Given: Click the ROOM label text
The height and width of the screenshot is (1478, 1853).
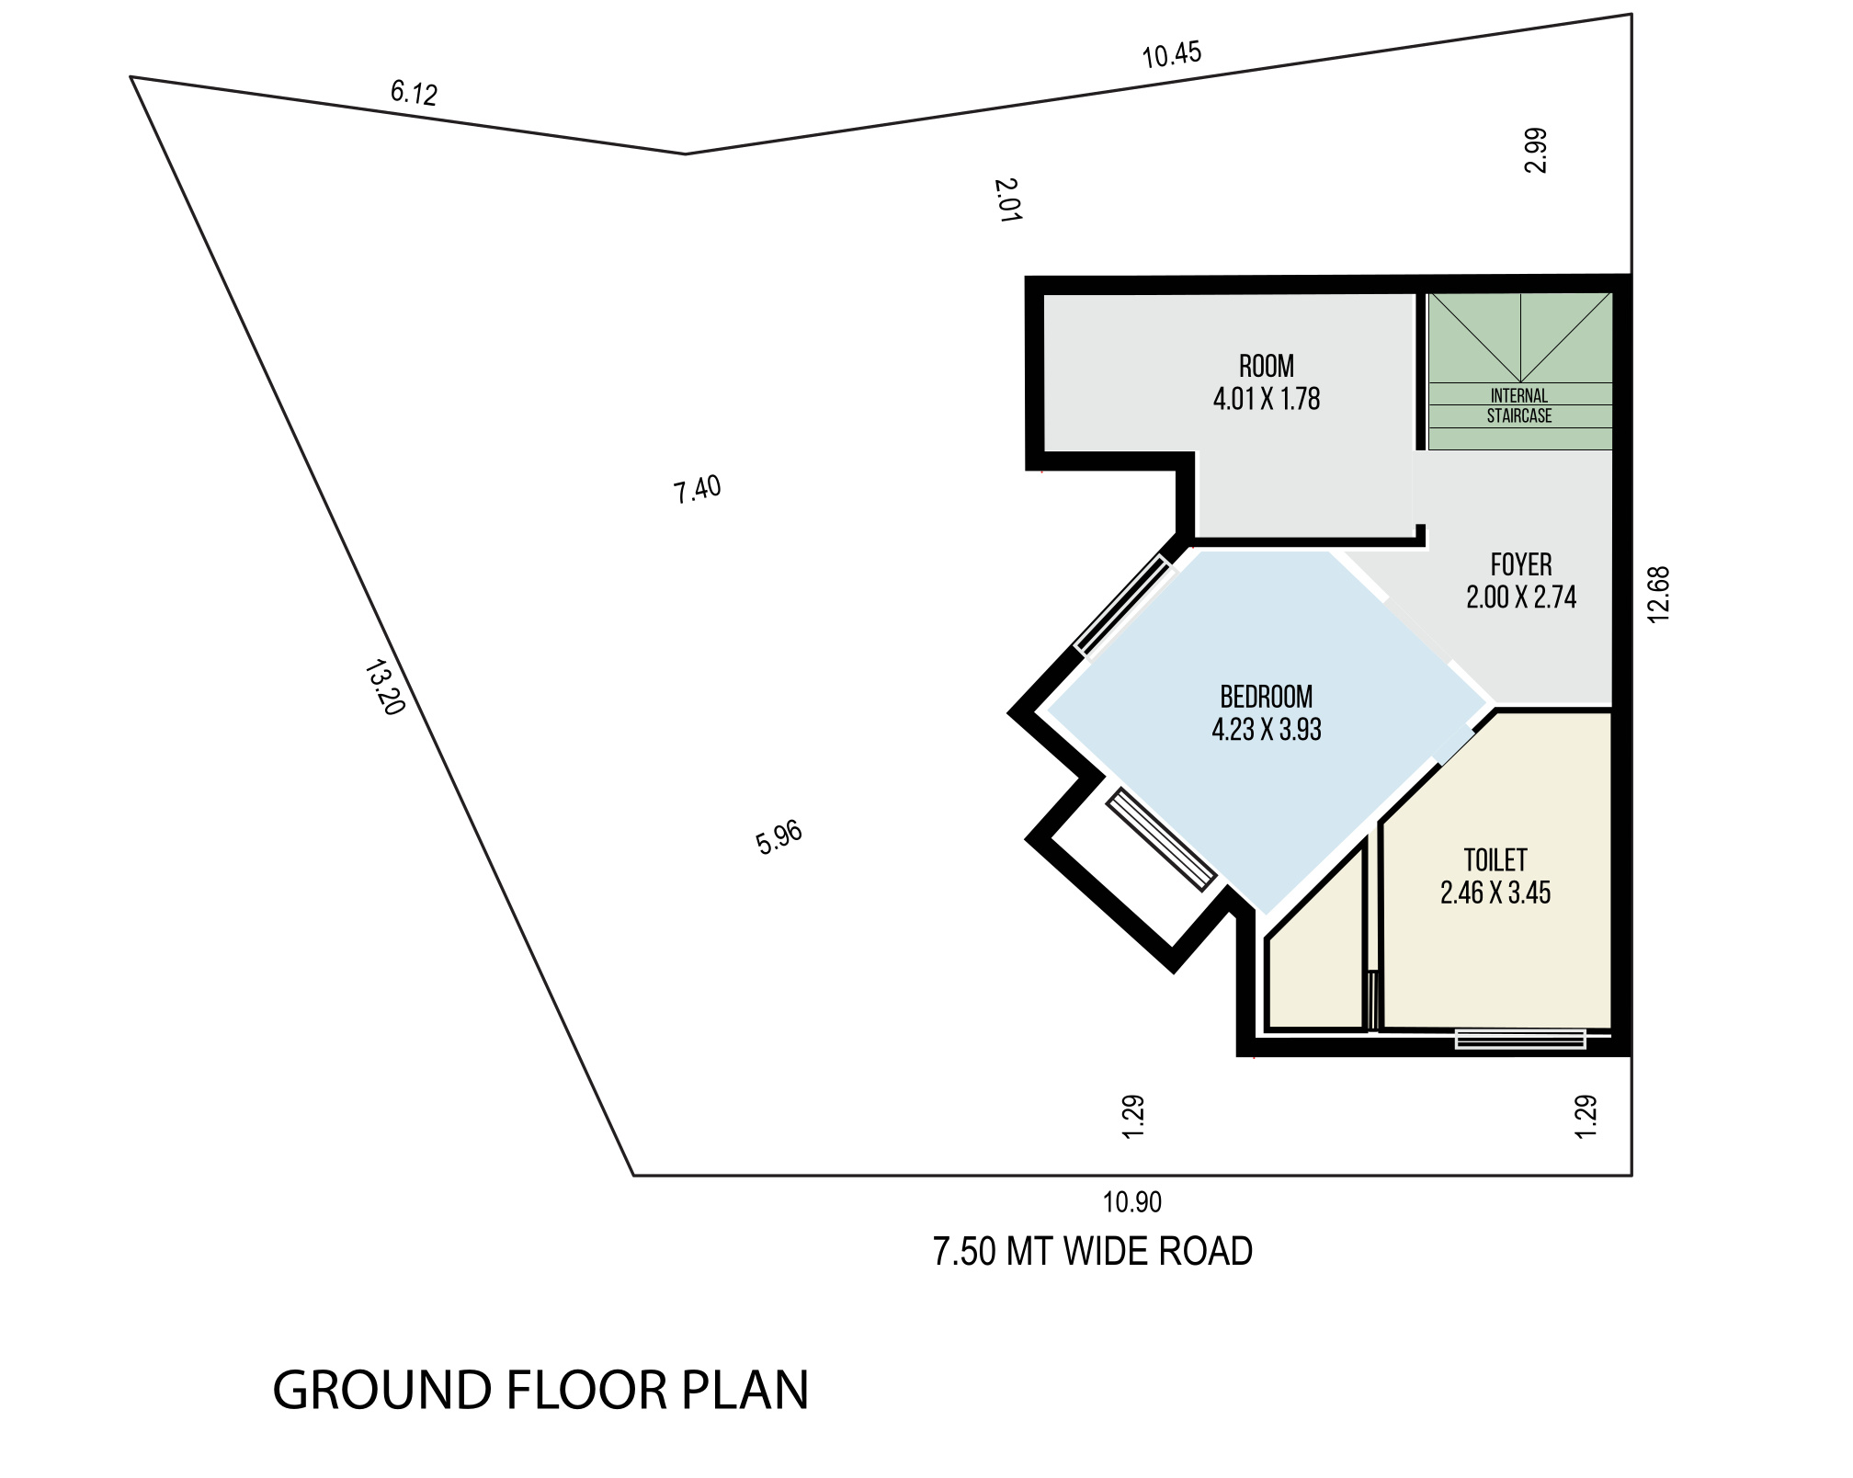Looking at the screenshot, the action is point(1267,367).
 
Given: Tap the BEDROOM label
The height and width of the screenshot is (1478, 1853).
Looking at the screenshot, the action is point(1267,697).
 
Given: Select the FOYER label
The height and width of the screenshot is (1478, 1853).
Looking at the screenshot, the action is point(1521,564).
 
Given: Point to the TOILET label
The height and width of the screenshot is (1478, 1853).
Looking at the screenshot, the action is point(1495,860).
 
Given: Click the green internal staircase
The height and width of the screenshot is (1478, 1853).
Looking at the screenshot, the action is point(1520,371).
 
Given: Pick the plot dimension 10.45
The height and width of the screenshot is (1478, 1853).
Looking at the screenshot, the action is point(1172,55).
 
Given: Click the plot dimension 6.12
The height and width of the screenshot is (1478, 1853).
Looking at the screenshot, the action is point(414,93).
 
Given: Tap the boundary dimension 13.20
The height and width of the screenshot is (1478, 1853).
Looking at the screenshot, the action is point(385,688).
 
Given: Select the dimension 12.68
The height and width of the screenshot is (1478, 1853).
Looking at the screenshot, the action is point(1659,595).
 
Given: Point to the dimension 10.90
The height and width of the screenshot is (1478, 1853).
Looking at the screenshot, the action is point(1132,1201).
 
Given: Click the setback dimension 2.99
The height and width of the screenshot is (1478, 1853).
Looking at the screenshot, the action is point(1536,151).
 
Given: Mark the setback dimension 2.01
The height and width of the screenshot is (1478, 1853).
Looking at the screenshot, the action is point(1008,200).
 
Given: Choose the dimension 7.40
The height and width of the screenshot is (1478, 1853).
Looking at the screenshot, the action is point(698,490).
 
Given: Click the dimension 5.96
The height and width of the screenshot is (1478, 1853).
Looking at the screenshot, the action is point(779,837).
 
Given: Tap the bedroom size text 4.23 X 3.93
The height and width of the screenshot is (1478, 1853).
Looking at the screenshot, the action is point(1267,730).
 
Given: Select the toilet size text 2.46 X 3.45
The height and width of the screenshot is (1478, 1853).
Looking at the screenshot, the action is point(1495,893).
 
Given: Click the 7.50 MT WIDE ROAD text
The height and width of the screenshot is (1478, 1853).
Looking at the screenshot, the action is point(1093,1252).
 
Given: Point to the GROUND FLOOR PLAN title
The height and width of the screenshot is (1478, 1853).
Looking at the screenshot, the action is point(540,1390).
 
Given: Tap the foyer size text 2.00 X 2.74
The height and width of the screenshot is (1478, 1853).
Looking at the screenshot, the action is point(1521,597).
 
